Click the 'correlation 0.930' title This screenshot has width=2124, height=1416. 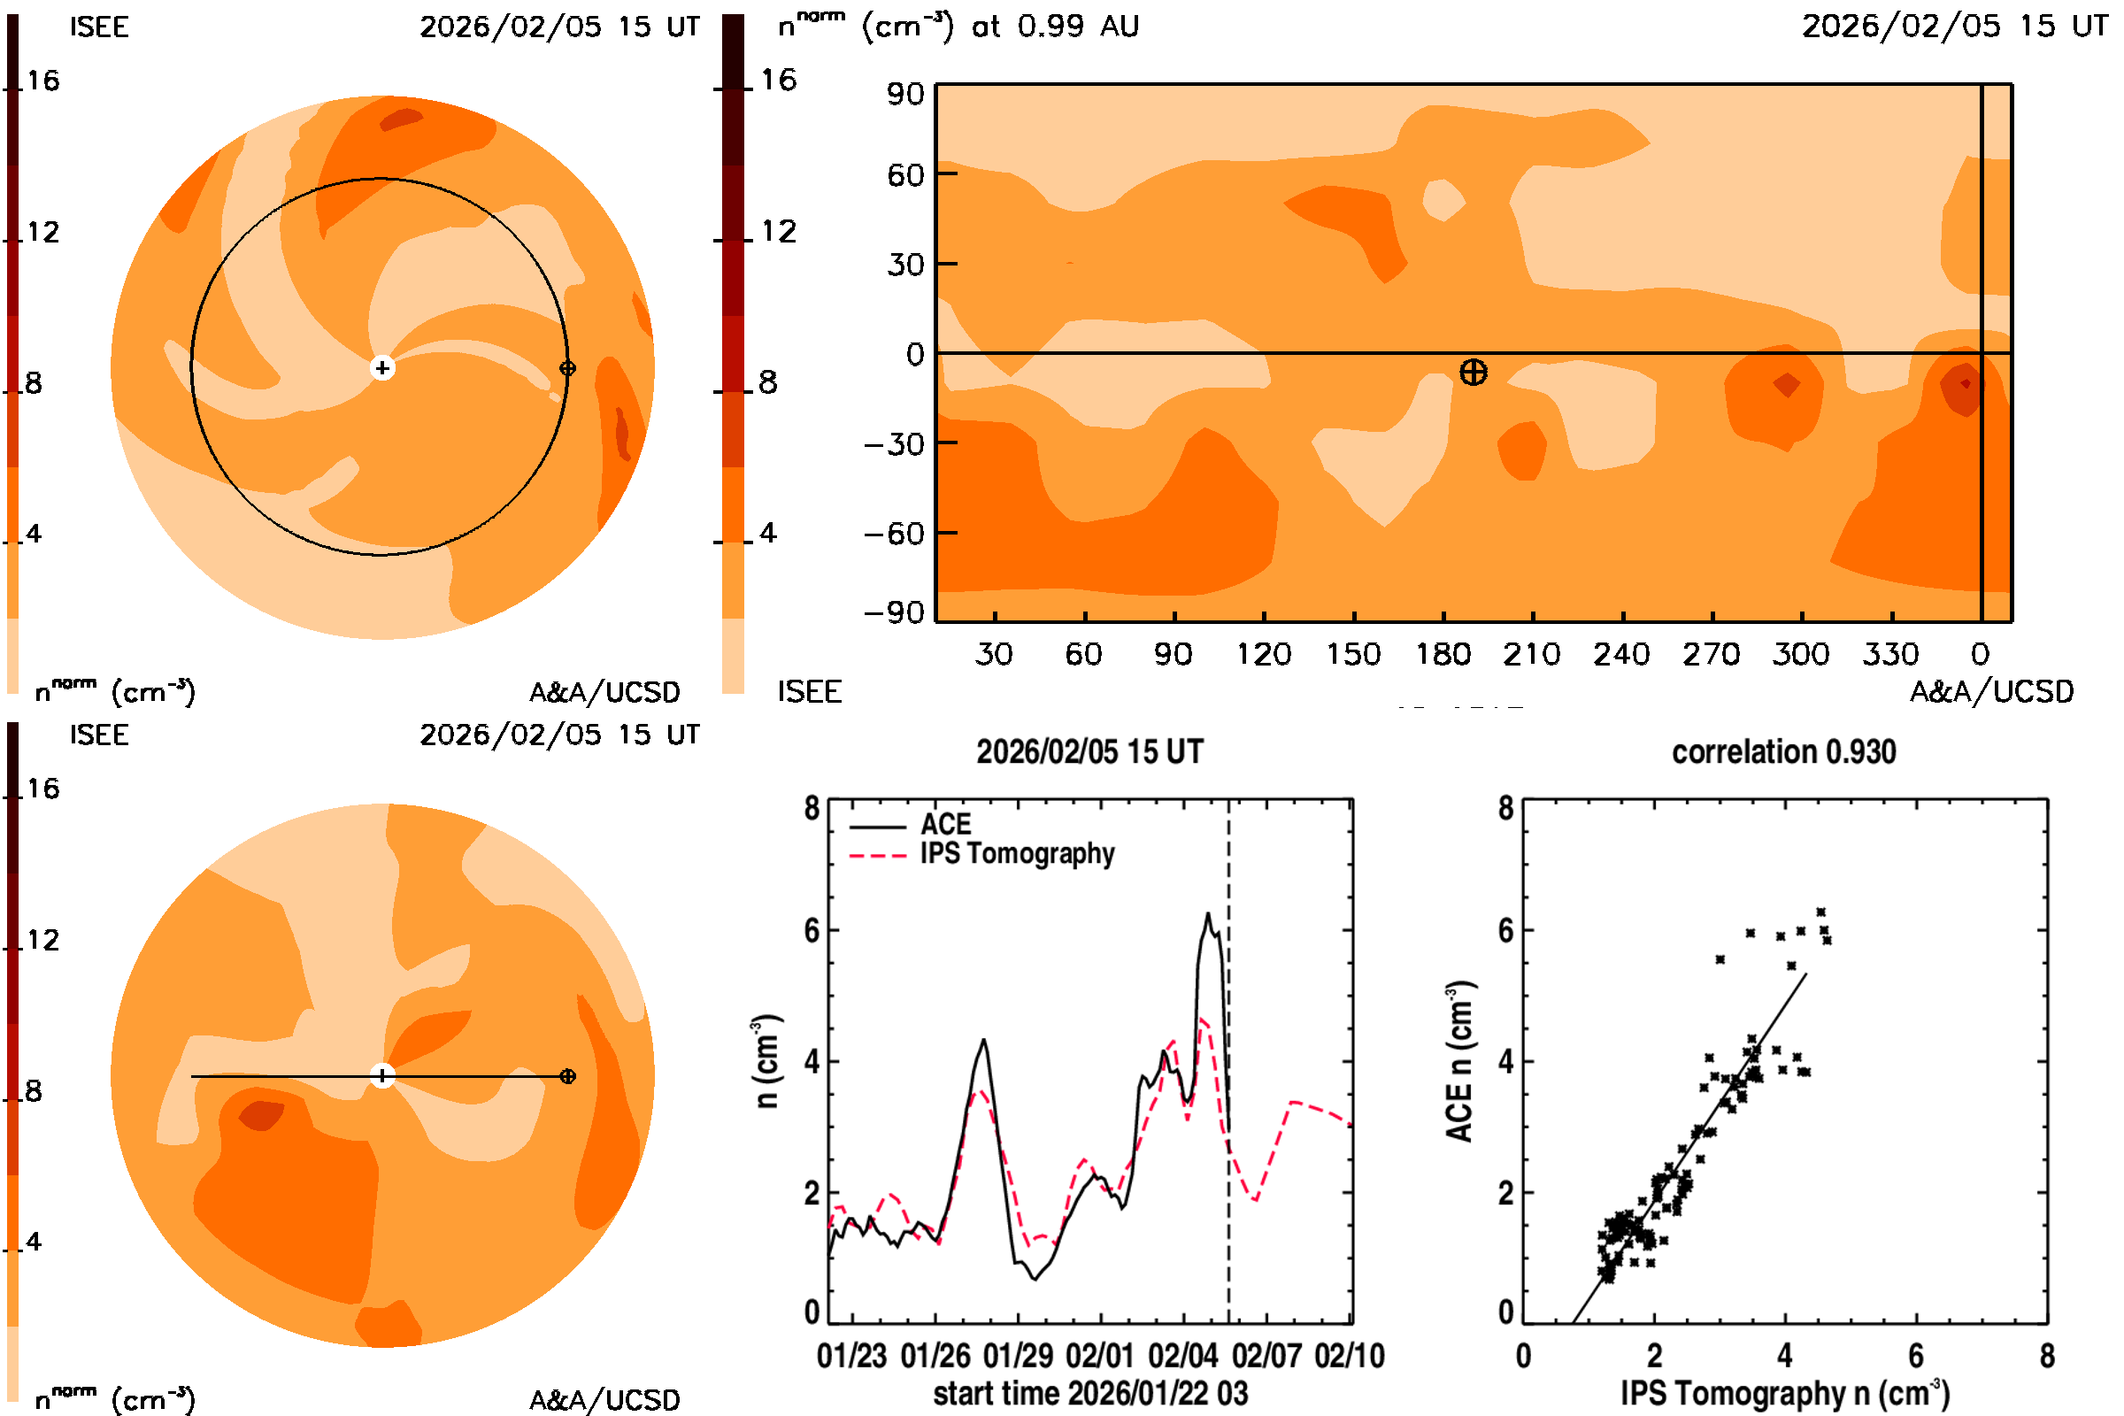point(1782,751)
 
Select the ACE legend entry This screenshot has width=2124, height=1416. point(944,824)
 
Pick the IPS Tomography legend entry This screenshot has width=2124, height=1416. point(1016,853)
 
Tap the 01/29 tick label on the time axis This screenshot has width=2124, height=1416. point(1018,1356)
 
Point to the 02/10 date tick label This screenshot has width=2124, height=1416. point(1349,1356)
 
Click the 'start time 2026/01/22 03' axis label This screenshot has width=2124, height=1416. point(1090,1393)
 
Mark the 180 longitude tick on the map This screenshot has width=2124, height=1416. point(1443,654)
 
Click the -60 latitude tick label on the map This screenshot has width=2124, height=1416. point(894,534)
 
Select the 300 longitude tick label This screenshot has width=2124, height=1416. point(1801,654)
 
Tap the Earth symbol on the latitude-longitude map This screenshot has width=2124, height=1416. point(1473,372)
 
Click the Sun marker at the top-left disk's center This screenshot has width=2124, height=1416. point(382,367)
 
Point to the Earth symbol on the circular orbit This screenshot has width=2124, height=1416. point(567,368)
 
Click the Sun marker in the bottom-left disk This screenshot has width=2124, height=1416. point(382,1075)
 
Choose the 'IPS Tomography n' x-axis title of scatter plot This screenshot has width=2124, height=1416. point(1784,1393)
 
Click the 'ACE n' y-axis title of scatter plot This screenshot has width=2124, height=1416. point(1459,1062)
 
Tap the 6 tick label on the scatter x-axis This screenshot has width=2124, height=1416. point(1915,1356)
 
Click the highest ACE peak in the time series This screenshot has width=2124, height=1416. point(1207,915)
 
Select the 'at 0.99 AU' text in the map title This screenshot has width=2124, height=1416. point(1055,27)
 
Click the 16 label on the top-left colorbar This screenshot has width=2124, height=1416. point(42,81)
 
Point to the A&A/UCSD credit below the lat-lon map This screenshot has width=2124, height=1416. point(1991,692)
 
